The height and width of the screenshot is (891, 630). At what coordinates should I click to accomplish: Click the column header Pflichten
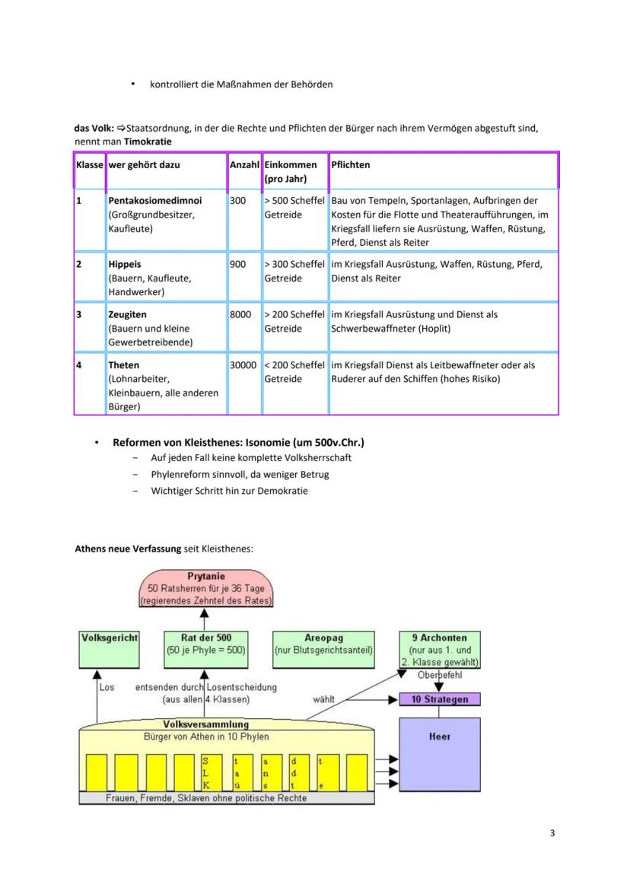(350, 164)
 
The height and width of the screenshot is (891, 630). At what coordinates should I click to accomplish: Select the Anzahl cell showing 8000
(240, 314)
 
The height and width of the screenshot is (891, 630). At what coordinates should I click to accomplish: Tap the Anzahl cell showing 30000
(243, 365)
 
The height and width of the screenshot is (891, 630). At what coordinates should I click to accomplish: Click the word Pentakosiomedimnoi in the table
(155, 201)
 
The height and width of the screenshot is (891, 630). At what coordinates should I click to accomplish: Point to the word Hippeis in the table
(125, 264)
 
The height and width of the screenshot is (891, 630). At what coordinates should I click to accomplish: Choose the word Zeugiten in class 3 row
(128, 314)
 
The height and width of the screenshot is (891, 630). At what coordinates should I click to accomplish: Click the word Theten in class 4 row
(123, 365)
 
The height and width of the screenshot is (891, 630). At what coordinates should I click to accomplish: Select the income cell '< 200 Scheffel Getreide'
(294, 372)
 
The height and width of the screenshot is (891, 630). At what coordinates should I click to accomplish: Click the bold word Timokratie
(148, 142)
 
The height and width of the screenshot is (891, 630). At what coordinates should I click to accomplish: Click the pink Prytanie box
(206, 589)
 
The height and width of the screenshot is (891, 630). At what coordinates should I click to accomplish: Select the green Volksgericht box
(110, 648)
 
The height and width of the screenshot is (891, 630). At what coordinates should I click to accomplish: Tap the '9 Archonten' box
(440, 648)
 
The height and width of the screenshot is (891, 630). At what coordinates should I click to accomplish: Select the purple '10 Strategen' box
(440, 699)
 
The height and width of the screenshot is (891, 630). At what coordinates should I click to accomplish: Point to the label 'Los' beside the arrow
(107, 686)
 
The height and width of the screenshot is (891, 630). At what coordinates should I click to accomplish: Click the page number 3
(552, 833)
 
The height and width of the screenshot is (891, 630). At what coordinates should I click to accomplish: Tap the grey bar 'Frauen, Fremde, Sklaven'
(228, 798)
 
